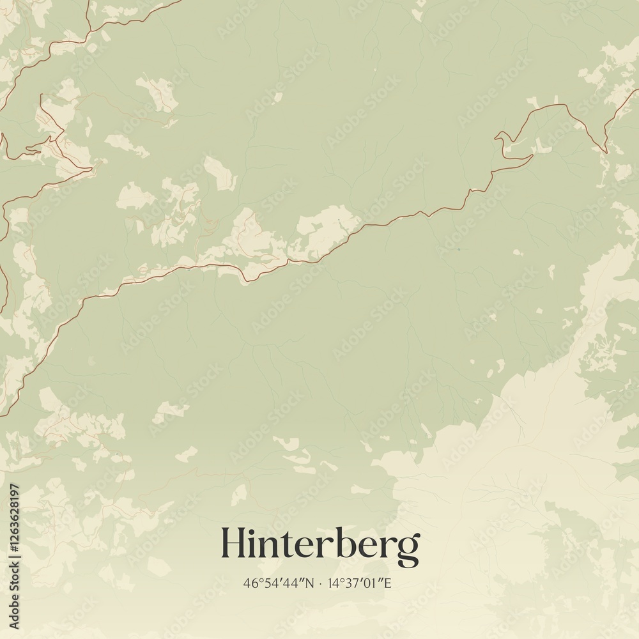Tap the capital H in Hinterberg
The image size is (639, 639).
tap(234, 543)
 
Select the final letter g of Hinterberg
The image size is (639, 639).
tap(408, 549)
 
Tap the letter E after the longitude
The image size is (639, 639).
tap(388, 583)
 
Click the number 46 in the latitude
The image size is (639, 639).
tap(249, 583)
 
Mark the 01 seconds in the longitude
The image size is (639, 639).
tap(374, 583)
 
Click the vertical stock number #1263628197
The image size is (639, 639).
tap(14, 524)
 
